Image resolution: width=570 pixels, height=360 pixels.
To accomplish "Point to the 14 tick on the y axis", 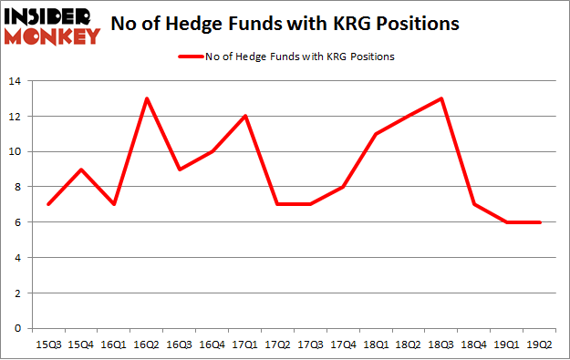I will (16, 81).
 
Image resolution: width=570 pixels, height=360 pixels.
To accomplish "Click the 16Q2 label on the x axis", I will (147, 344).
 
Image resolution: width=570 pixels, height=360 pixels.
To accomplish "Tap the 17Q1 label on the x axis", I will (245, 344).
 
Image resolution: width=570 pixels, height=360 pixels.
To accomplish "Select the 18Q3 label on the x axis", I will (442, 344).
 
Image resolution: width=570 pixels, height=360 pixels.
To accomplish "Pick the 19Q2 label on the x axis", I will (542, 344).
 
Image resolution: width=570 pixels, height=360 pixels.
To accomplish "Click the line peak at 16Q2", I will (147, 98).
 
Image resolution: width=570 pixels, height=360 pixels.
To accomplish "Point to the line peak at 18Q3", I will (442, 98).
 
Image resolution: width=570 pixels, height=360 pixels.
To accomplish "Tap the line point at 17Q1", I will (245, 116).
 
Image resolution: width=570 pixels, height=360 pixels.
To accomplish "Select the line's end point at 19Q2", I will (542, 221).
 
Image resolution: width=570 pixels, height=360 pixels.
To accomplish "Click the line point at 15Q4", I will (81, 170).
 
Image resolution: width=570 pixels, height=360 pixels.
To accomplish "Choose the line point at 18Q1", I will (377, 134).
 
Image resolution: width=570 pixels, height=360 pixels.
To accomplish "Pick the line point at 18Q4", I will (475, 204).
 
